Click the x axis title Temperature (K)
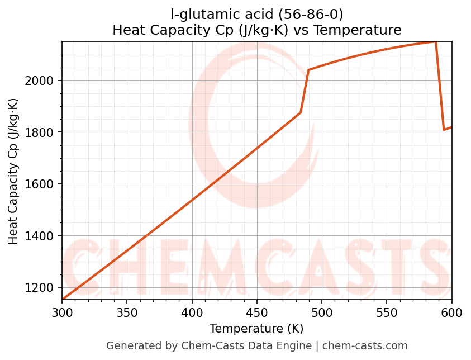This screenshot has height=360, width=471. click(x=256, y=329)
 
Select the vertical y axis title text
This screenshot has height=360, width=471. click(x=13, y=171)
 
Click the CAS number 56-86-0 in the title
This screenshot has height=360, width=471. click(x=311, y=14)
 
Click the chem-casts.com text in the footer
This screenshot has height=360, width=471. click(x=365, y=346)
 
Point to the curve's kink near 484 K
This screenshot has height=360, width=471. click(x=301, y=112)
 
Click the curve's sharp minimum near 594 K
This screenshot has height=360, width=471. click(x=444, y=130)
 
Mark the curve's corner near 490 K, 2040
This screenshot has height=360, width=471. click(x=308, y=70)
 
